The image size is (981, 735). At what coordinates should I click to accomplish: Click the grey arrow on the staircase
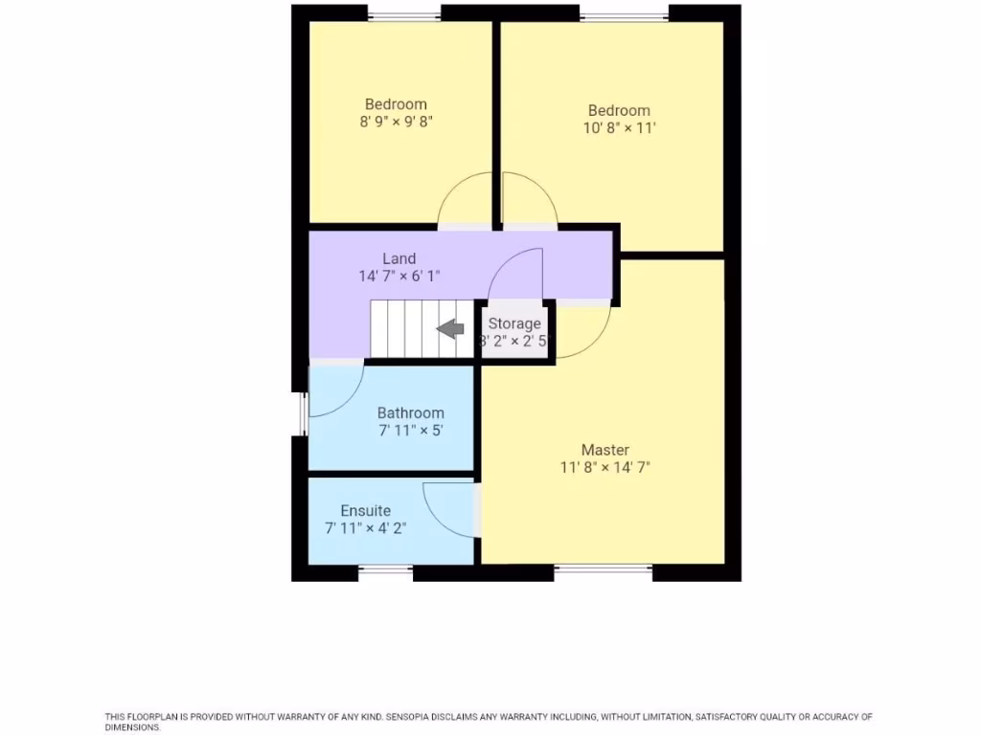point(450,329)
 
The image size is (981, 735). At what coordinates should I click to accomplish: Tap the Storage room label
point(514,323)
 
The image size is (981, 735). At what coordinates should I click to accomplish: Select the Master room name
point(605,450)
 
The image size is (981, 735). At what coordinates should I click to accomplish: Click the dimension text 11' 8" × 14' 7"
point(605,468)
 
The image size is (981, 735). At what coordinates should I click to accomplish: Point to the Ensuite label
point(366,511)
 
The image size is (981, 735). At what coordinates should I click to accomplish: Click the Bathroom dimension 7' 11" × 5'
point(411,431)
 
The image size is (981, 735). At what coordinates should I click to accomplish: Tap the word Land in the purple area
point(399,258)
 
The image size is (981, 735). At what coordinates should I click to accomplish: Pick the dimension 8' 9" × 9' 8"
point(396,122)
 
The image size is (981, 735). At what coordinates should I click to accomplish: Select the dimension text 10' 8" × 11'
point(619,127)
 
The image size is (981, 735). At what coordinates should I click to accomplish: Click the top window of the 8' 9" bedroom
point(404,12)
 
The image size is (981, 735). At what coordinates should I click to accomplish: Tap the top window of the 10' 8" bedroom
point(624,12)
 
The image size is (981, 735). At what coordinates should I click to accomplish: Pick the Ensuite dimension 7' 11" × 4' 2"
point(366,527)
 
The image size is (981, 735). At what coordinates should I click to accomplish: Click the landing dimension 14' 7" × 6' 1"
point(399,276)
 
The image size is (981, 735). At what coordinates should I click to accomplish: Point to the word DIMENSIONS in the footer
point(132,727)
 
